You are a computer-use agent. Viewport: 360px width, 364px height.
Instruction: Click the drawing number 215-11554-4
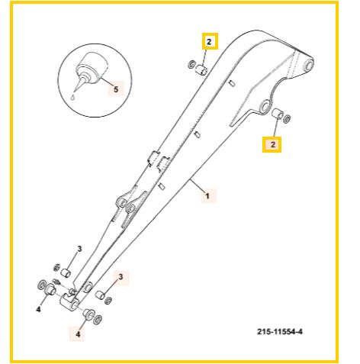click(280, 332)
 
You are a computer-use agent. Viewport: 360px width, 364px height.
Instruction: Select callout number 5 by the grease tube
click(116, 89)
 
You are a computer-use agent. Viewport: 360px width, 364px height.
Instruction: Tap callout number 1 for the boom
click(207, 196)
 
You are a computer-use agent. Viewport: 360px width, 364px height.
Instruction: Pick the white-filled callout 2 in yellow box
click(209, 42)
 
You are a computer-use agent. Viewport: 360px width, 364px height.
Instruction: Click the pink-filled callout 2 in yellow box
click(273, 144)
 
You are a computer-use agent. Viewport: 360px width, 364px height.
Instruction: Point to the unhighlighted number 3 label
click(79, 249)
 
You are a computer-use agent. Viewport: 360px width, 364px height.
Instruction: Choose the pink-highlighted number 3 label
click(121, 277)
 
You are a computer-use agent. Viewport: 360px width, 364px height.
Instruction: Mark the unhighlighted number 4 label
click(38, 310)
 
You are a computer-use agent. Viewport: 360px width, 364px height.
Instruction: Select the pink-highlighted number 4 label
click(78, 334)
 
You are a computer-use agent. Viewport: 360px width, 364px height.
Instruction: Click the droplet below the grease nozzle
click(73, 97)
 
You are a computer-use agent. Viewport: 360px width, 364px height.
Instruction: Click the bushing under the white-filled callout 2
click(201, 70)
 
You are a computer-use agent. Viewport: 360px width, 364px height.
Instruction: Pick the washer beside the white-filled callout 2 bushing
click(191, 64)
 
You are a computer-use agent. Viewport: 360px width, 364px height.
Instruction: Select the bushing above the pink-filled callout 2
click(277, 113)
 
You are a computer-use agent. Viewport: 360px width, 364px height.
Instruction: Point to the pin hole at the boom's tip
click(308, 65)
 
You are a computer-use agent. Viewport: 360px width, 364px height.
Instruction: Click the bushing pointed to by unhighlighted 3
click(66, 273)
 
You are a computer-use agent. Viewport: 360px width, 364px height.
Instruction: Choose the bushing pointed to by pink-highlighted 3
click(100, 295)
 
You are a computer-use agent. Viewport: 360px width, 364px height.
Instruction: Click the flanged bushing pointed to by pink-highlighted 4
click(89, 314)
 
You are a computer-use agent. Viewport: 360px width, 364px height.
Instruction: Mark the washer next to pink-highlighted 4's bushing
click(98, 320)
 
